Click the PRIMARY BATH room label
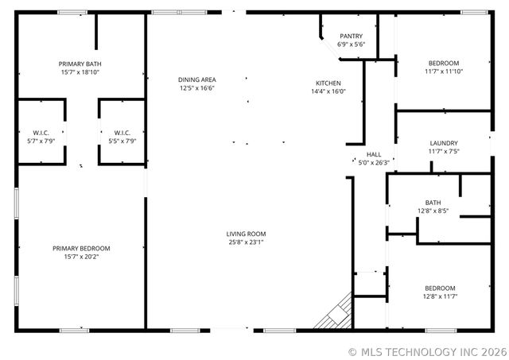click(x=80, y=64)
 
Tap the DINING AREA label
click(x=196, y=79)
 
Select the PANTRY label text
click(x=351, y=37)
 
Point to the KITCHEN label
click(x=328, y=83)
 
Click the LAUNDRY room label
click(x=444, y=143)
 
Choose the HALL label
click(x=374, y=154)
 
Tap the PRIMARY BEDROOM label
click(x=81, y=249)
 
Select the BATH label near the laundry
click(x=433, y=203)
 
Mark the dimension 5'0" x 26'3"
click(x=374, y=163)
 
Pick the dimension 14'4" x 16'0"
click(x=328, y=92)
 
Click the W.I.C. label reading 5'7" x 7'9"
click(x=41, y=133)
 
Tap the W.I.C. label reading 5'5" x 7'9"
click(x=122, y=133)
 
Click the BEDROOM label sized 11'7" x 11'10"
click(x=444, y=64)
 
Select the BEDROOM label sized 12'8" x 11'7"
click(x=440, y=288)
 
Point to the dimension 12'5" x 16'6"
click(x=196, y=88)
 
